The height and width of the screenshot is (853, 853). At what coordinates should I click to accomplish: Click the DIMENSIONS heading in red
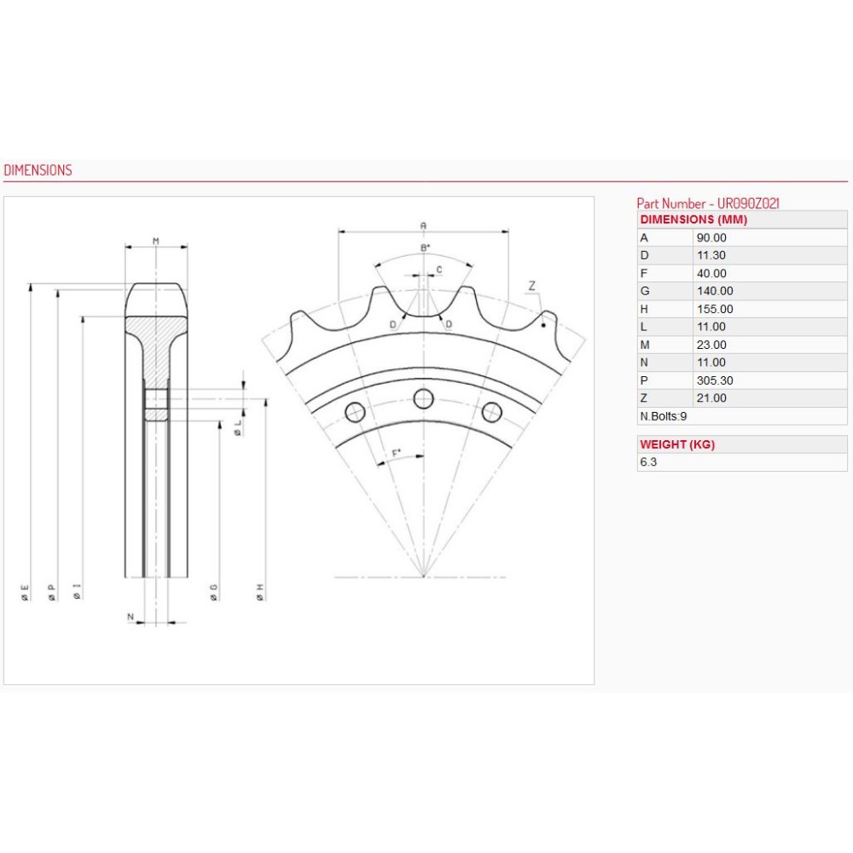point(38,170)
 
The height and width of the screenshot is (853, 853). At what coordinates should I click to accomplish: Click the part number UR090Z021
point(707,203)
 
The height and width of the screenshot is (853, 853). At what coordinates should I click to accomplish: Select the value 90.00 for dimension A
point(711,238)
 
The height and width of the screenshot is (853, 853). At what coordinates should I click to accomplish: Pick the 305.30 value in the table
point(714,380)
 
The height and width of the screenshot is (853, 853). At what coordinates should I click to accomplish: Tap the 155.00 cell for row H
point(714,309)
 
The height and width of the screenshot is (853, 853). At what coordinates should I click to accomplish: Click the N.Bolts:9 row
point(664,416)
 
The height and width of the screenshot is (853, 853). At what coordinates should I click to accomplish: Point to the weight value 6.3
point(648,462)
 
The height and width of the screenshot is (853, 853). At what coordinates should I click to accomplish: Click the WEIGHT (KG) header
point(677,444)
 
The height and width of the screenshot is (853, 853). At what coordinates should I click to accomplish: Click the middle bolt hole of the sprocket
point(424,397)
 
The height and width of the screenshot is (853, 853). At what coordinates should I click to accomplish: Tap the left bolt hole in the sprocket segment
point(355,413)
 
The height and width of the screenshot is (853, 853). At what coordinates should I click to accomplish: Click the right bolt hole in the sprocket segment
point(491,413)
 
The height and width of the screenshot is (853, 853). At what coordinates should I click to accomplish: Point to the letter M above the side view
point(156,241)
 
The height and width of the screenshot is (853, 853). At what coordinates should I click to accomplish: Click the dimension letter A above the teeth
point(423,225)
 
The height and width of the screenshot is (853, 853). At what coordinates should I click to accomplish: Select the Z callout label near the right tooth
point(531,286)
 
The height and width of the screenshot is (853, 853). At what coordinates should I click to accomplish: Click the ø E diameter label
point(26,593)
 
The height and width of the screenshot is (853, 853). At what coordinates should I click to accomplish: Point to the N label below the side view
point(131,616)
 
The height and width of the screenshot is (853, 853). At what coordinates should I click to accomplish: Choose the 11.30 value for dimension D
point(711,256)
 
